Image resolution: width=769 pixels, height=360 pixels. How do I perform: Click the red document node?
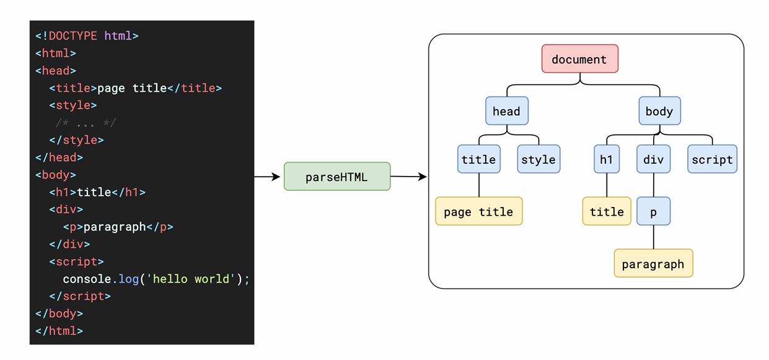point(580,59)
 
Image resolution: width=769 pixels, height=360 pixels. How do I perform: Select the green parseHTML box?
point(337,177)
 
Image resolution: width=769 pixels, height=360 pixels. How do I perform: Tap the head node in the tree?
point(507,111)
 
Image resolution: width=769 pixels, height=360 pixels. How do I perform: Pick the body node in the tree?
point(659,111)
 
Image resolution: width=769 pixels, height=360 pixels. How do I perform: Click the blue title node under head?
point(479,159)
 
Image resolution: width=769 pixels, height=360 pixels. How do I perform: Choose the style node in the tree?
point(538,159)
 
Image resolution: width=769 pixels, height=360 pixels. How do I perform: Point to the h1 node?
point(607,159)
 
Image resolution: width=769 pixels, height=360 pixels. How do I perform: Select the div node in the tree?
point(653,159)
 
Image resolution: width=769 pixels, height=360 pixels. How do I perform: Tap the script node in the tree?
point(713,159)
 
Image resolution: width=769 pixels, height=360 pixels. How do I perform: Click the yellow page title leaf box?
point(479,211)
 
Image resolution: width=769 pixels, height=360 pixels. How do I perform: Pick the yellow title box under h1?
point(607,211)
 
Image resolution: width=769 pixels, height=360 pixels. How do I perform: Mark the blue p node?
point(653,211)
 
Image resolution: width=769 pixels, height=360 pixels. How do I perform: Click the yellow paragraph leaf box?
point(653,263)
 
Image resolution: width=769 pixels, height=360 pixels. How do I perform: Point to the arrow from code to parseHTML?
point(267,177)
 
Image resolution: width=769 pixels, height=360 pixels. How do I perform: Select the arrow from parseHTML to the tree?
point(408,177)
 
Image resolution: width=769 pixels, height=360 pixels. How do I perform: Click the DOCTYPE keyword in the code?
point(73,36)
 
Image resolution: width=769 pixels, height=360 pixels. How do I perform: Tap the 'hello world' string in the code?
point(190,279)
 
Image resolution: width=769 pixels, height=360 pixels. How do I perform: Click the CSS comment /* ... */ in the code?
point(86,123)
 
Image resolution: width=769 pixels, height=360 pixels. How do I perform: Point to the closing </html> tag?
point(59,331)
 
